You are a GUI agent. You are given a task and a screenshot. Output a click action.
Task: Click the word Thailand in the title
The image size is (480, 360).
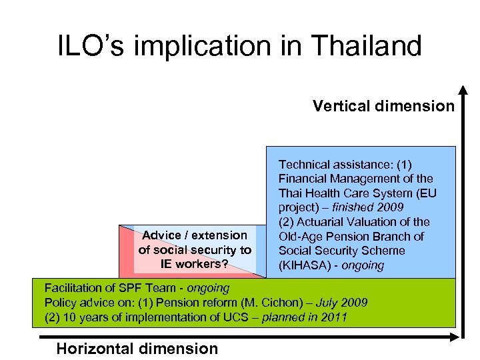[357, 46]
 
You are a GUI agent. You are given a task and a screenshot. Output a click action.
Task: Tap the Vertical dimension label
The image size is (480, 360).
[384, 106]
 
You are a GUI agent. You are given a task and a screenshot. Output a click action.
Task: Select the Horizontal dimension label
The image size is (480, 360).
[137, 348]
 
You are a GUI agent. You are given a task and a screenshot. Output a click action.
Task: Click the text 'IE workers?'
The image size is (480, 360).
[195, 264]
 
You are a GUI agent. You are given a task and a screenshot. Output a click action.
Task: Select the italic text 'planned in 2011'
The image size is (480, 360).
[305, 317]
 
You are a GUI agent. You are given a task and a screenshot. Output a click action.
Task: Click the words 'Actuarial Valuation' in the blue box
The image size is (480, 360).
[347, 222]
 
